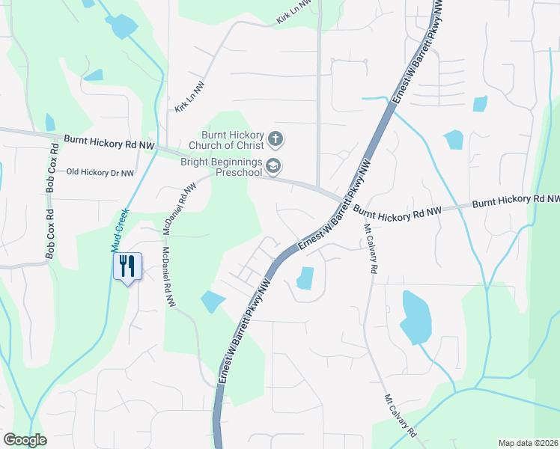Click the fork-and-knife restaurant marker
[127, 266]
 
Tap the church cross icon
[276, 138]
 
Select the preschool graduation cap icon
[273, 167]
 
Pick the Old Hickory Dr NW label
[100, 172]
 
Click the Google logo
[25, 440]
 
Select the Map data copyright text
[529, 442]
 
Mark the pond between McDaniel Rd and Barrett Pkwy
[212, 302]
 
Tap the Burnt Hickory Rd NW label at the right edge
[515, 201]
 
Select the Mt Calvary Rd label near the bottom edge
[400, 415]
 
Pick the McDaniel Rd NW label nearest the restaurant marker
[168, 277]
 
